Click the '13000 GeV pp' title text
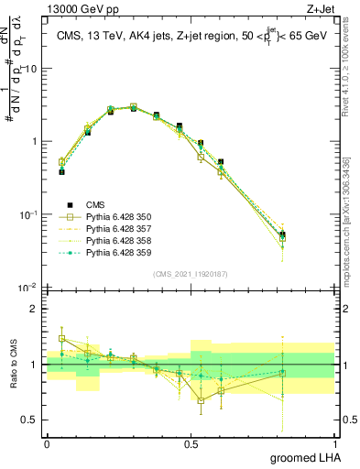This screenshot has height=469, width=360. pyautogui.click(x=84, y=10)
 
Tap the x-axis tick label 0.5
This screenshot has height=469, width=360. pyautogui.click(x=191, y=442)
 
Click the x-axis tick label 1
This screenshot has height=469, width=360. pyautogui.click(x=335, y=442)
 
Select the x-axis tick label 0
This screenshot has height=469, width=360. pyautogui.click(x=47, y=442)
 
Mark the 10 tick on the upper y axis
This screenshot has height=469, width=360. pyautogui.click(x=29, y=69)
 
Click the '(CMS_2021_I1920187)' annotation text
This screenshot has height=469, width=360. pyautogui.click(x=191, y=274)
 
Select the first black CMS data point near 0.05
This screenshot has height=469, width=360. pyautogui.click(x=61, y=171)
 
